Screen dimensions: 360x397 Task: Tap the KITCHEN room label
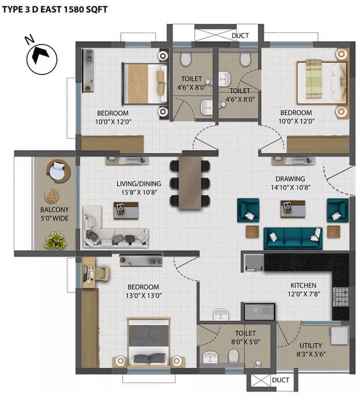pyautogui.click(x=303, y=285)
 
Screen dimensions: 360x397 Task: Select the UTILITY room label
pyautogui.click(x=311, y=345)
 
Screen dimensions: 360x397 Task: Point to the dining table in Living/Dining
pyautogui.click(x=190, y=183)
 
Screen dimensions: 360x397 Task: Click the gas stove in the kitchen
pyautogui.click(x=341, y=297)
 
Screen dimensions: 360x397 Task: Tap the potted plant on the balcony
pyautogui.click(x=56, y=240)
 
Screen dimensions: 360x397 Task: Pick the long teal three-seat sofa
pyautogui.click(x=293, y=238)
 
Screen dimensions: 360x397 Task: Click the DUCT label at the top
pyautogui.click(x=240, y=36)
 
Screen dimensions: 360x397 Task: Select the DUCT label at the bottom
pyautogui.click(x=281, y=380)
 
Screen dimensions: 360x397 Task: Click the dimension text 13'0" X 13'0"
pyautogui.click(x=144, y=296)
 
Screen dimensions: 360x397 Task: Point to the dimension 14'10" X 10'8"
pyautogui.click(x=291, y=187)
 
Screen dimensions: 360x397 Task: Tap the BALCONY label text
pyautogui.click(x=54, y=210)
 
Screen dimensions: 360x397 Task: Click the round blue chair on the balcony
pyautogui.click(x=59, y=171)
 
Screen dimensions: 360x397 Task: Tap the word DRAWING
pyautogui.click(x=290, y=179)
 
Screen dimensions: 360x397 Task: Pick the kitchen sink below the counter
pyautogui.click(x=259, y=311)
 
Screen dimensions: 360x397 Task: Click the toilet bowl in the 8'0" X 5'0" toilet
pyautogui.click(x=234, y=355)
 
